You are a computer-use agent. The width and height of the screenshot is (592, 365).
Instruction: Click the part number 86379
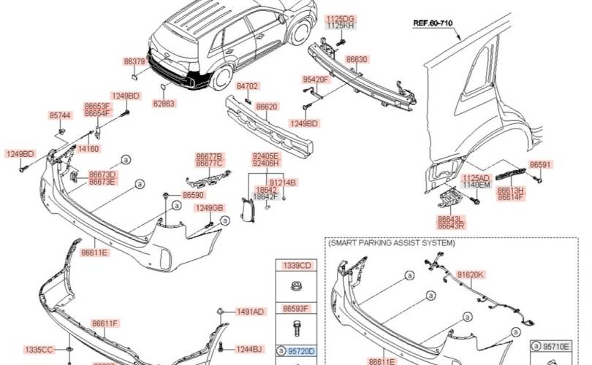tap(134, 63)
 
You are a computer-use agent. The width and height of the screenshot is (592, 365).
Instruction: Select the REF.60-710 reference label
tap(433, 23)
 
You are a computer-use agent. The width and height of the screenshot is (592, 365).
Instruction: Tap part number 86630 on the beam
tap(357, 59)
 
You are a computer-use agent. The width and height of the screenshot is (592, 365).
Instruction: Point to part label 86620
tap(267, 107)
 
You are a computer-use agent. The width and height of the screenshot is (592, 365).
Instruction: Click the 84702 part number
tap(248, 86)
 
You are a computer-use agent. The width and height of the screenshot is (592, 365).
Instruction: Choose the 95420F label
tap(316, 79)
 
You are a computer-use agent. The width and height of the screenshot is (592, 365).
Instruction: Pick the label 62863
tap(164, 104)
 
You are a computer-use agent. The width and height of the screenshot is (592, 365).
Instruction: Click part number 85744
tap(60, 115)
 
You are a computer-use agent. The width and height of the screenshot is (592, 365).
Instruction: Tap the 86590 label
tap(193, 195)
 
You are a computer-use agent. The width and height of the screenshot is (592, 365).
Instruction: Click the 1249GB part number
tap(208, 208)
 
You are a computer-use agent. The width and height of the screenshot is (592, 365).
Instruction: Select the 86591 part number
tap(540, 165)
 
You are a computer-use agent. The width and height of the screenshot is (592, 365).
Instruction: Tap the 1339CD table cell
tap(297, 265)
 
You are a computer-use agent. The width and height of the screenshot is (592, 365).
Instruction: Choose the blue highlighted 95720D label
tap(300, 350)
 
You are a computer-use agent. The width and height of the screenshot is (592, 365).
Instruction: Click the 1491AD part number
tap(250, 312)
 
